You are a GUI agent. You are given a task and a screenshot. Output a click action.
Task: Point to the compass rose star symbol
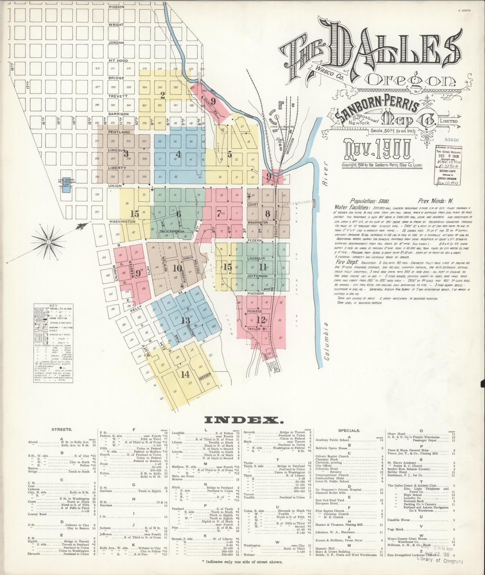49,242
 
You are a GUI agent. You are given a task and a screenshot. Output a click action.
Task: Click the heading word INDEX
244,420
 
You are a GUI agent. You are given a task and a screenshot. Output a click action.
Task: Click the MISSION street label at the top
116,7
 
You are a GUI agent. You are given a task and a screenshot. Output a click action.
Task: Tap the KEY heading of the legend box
53,306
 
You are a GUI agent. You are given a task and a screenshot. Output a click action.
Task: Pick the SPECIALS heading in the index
349,430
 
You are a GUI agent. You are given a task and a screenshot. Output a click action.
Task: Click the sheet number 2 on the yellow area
163,96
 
